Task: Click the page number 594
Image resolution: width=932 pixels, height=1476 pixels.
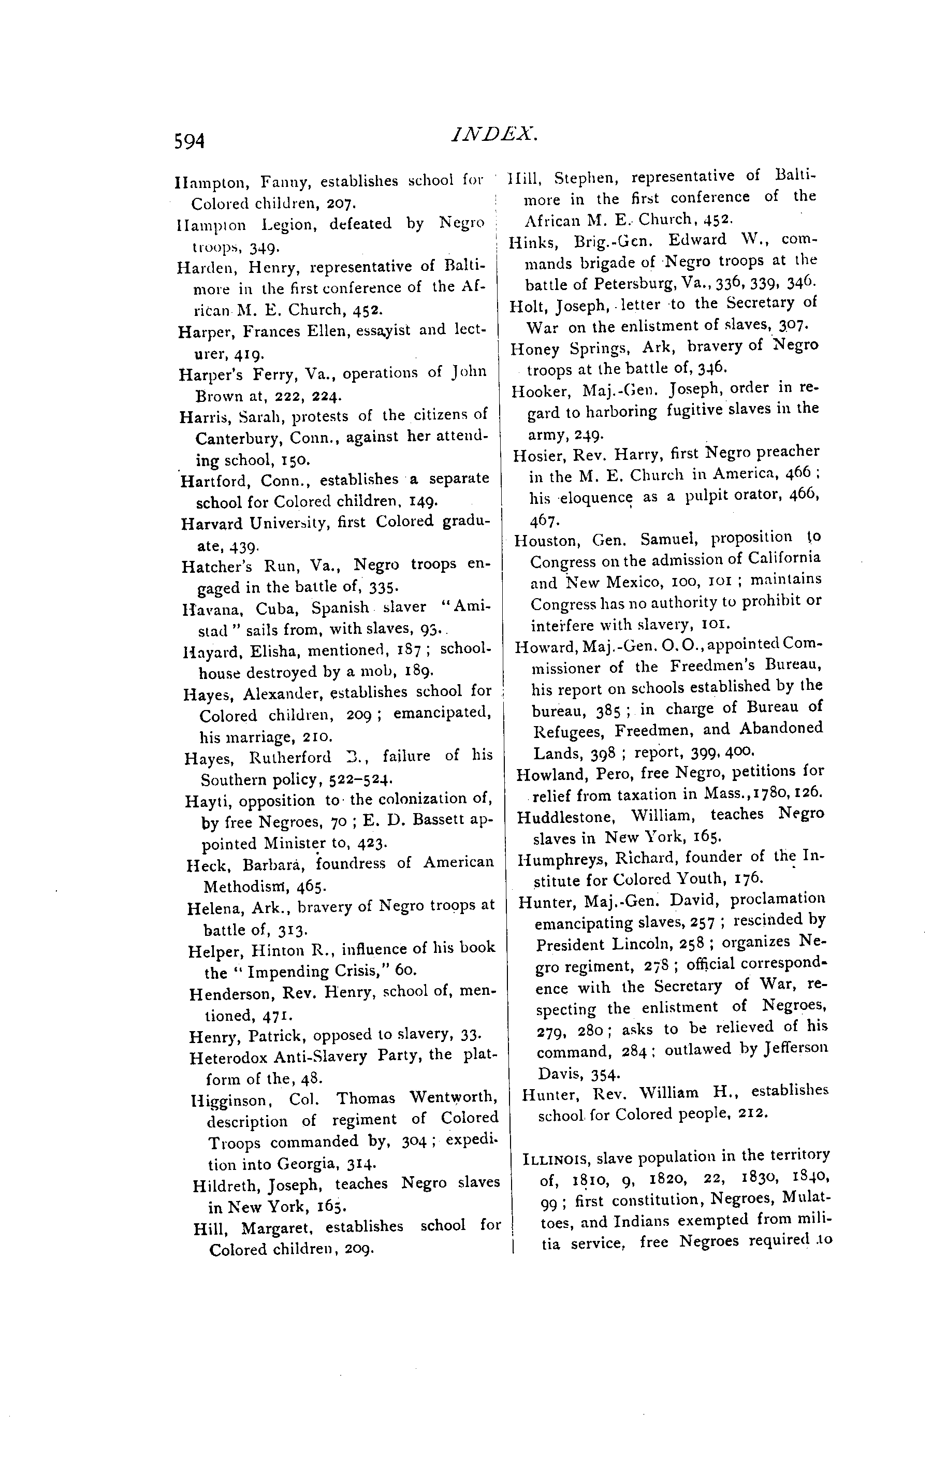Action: tap(188, 141)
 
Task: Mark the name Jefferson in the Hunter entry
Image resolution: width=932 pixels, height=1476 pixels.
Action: tap(796, 1049)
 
